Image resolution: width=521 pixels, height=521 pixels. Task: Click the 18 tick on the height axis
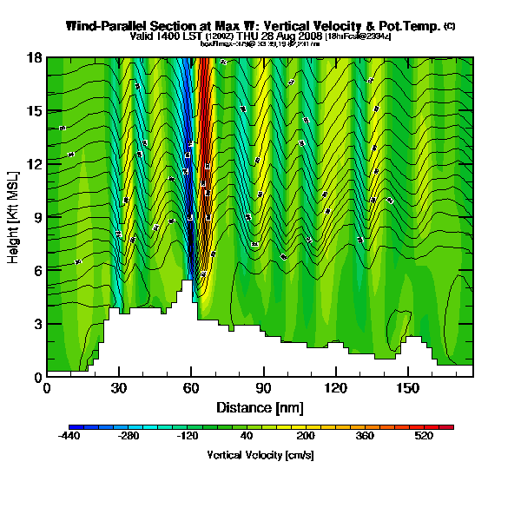tap(36, 58)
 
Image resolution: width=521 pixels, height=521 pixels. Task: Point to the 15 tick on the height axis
tap(36, 111)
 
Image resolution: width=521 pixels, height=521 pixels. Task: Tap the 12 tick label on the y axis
tap(36, 164)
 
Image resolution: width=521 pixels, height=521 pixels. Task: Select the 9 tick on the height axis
tap(38, 217)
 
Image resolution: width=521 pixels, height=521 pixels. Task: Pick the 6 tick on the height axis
tap(38, 270)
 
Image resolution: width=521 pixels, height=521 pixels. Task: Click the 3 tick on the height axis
tap(38, 324)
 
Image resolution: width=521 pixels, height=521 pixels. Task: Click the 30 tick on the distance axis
tap(119, 387)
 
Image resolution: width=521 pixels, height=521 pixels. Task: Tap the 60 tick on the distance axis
tap(190, 387)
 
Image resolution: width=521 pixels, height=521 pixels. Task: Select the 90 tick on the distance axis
tap(262, 387)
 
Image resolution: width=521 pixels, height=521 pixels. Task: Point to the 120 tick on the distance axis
tap(334, 387)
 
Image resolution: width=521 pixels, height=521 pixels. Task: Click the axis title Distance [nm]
tap(260, 406)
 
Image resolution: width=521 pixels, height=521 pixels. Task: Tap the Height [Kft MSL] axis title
tap(14, 217)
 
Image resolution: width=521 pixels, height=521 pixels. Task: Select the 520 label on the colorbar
tap(424, 437)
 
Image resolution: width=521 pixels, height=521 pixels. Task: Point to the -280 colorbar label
tap(128, 437)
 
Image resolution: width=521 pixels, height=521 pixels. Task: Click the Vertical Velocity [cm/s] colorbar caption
tap(260, 454)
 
